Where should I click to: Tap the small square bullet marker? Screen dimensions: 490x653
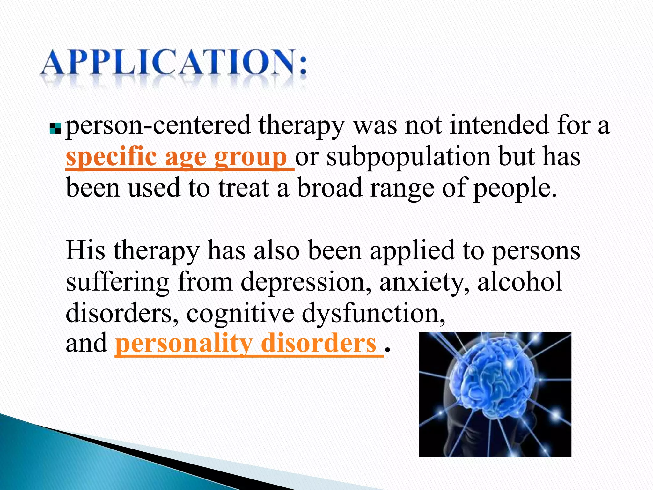(x=55, y=128)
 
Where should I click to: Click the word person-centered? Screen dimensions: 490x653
(x=158, y=125)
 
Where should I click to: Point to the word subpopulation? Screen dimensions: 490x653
(x=408, y=157)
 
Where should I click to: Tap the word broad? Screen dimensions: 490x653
(x=330, y=188)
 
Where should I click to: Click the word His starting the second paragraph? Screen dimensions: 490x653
(x=85, y=250)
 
